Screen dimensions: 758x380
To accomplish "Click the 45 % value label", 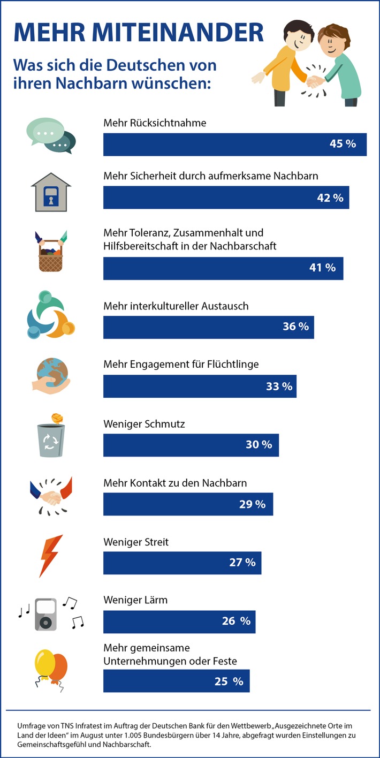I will [x=343, y=145].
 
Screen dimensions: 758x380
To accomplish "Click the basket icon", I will [x=51, y=252].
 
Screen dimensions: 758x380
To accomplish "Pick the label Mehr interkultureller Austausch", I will [x=176, y=306].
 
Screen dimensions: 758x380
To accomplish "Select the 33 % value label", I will [x=279, y=386].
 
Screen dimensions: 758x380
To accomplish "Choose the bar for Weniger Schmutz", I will [x=191, y=445].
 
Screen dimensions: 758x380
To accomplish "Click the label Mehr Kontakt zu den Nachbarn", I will [x=175, y=483].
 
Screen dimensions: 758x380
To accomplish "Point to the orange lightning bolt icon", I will [x=51, y=555].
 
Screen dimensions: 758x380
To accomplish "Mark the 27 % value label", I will [x=242, y=563].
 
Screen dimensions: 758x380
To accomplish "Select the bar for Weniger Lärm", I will [x=179, y=621].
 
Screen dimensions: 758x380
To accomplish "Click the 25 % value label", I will [x=230, y=681].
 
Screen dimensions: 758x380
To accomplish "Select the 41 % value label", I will [x=322, y=268].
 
